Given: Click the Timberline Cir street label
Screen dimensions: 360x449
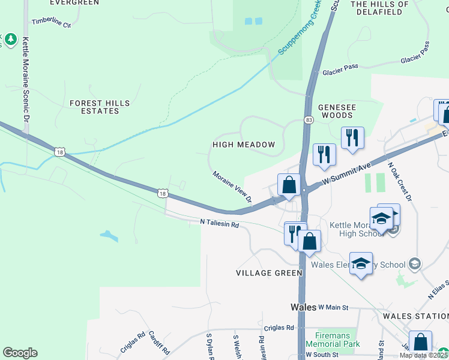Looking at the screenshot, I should pos(51,23).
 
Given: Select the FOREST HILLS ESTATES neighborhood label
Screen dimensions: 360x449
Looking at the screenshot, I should pos(99,107).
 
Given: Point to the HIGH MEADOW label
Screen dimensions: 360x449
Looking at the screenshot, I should pos(244,145).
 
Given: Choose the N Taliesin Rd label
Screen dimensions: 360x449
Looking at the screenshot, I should pos(220,223).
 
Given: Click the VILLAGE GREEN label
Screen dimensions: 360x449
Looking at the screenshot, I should pos(269,273).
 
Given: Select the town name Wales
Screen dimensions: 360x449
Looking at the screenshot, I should pos(303,307).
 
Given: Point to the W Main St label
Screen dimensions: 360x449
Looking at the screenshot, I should pos(333,307).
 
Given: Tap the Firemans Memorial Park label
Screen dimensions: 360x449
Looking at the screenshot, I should pos(333,340).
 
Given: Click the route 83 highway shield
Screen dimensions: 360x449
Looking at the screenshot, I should pos(309,120).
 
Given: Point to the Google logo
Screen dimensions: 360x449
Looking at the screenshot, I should pos(20,353).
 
